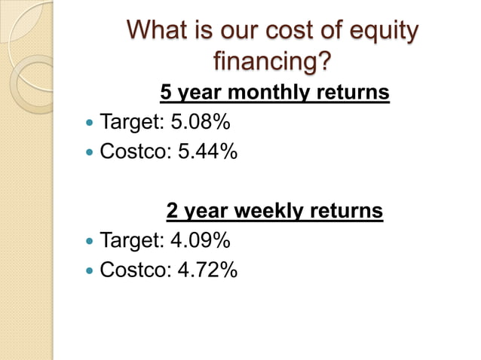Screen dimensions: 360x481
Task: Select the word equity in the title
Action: click(382, 32)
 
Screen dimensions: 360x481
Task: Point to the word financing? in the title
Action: click(272, 61)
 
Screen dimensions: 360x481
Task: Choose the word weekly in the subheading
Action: click(271, 212)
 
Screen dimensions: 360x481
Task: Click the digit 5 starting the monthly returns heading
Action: click(166, 93)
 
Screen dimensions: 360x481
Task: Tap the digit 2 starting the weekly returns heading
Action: click(173, 212)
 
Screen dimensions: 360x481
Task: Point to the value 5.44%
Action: click(207, 152)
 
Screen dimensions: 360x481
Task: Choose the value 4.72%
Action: click(207, 270)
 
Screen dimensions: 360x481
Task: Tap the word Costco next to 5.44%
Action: click(134, 152)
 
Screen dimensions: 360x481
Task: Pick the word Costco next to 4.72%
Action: click(134, 270)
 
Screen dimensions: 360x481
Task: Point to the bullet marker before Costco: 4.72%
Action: click(90, 271)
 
